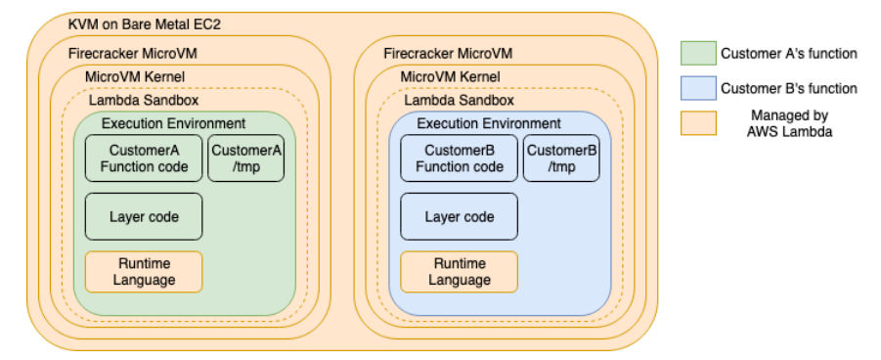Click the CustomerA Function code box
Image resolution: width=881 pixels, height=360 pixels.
(144, 158)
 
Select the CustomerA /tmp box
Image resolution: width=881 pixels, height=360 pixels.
(246, 158)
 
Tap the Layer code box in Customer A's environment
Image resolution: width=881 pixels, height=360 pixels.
(144, 216)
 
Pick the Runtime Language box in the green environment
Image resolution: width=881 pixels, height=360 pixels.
(144, 272)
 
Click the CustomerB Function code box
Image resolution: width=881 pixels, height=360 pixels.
(459, 158)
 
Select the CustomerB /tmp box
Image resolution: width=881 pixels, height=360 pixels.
(561, 158)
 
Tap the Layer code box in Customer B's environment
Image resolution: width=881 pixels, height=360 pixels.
(459, 216)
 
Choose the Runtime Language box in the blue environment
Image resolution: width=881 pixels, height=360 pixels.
(459, 272)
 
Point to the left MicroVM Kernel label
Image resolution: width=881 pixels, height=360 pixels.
(135, 76)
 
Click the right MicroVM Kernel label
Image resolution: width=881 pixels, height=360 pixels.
(450, 76)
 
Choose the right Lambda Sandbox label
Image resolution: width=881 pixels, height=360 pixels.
(459, 100)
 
